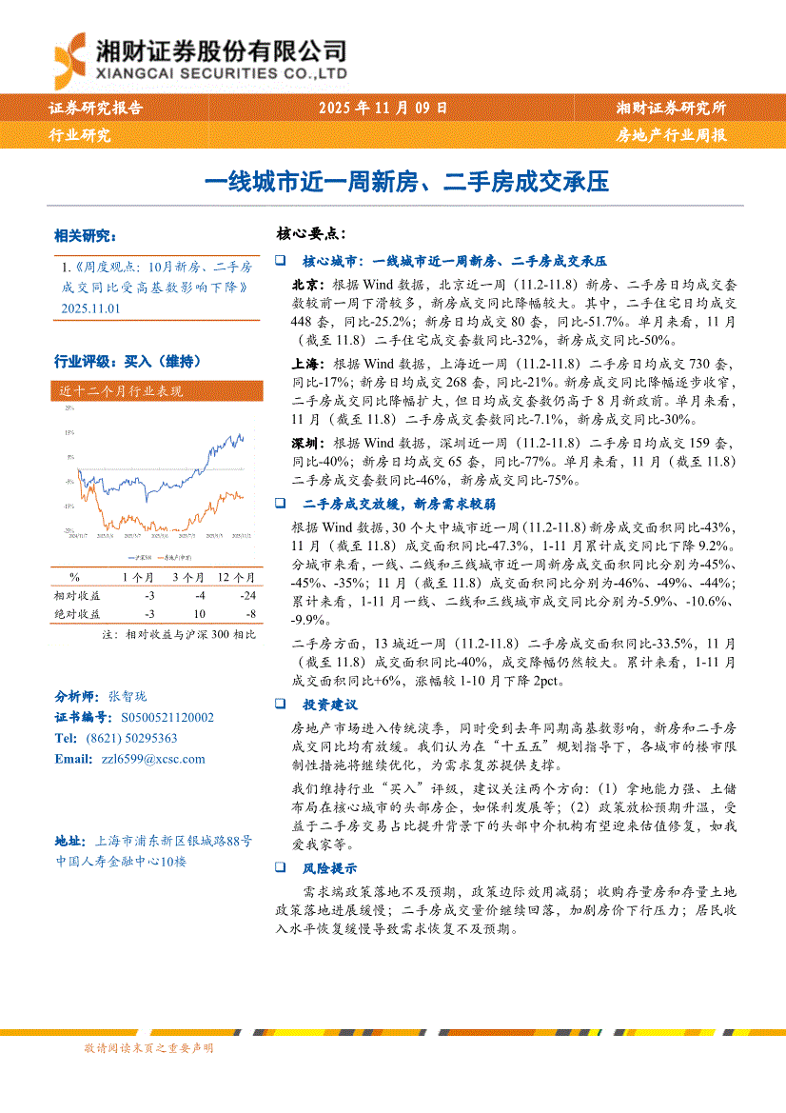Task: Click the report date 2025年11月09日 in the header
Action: pyautogui.click(x=383, y=109)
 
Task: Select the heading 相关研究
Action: pyautogui.click(x=85, y=235)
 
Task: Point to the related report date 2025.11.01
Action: pyautogui.click(x=90, y=308)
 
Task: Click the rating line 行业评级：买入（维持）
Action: pyautogui.click(x=127, y=362)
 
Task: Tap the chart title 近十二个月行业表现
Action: pyautogui.click(x=120, y=390)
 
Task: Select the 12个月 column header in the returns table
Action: pyautogui.click(x=236, y=576)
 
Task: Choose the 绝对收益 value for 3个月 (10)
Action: pyautogui.click(x=199, y=614)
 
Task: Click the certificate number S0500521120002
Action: pyautogui.click(x=167, y=718)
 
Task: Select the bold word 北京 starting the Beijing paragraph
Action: pyautogui.click(x=305, y=284)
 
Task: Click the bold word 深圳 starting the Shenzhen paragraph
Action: pyautogui.click(x=305, y=443)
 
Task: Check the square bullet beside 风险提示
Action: pyautogui.click(x=281, y=868)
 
